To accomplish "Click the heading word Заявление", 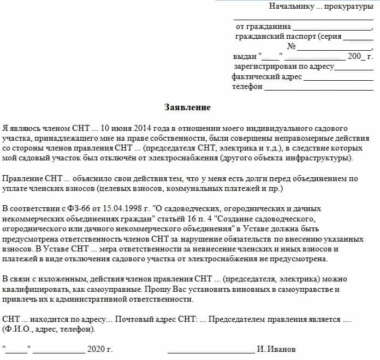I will click(187, 107).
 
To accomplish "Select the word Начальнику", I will click(292, 7).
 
